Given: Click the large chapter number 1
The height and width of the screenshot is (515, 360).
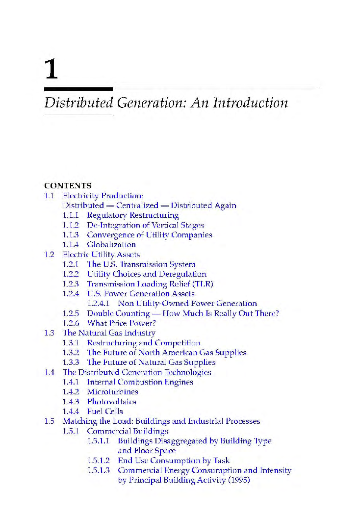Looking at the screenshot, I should coord(51,69).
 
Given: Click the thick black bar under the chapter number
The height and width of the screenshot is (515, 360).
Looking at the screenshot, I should coord(78,89).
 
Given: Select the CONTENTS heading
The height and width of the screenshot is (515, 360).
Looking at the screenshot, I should coord(68,185).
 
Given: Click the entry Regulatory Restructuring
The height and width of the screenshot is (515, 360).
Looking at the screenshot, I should coord(132,215).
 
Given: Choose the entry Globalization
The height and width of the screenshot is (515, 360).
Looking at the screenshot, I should coord(111,245).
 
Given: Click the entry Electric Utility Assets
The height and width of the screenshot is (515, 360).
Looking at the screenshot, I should coord(101,255).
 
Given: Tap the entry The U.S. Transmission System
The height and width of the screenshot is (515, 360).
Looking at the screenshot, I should coord(141,264).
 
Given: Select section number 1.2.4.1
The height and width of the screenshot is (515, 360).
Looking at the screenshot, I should coord(100,304).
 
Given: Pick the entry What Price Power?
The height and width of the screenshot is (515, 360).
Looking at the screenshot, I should coord(121,323).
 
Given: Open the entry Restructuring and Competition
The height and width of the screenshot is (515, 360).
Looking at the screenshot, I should coord(143,343).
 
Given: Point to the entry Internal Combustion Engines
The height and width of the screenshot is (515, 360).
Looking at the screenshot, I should coord(140,382).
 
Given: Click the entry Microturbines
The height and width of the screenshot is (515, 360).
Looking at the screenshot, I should coord(112,392).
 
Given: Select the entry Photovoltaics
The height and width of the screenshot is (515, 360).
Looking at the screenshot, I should coord(111,402).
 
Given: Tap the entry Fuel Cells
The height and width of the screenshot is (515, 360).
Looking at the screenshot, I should coord(105,412).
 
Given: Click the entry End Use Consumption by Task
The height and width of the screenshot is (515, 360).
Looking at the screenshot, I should coord(174,461).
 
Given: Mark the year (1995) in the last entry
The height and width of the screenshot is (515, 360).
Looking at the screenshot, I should coord(239,480).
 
